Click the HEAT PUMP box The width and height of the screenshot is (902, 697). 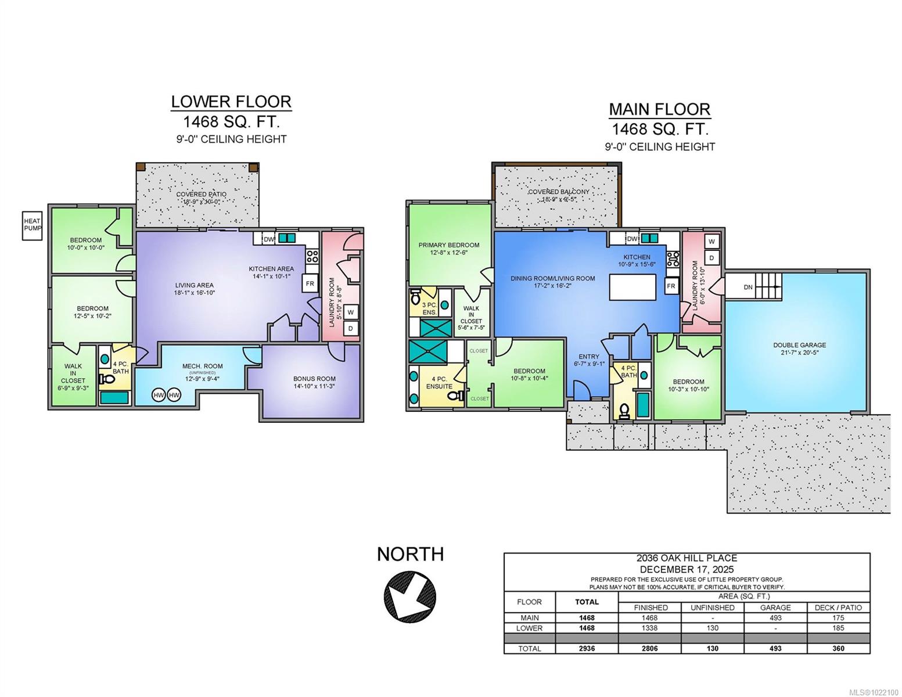pyautogui.click(x=32, y=225)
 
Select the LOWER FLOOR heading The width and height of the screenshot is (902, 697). pyautogui.click(x=231, y=102)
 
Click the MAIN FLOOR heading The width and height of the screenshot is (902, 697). pyautogui.click(x=659, y=109)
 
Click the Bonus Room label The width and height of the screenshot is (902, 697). pyautogui.click(x=314, y=379)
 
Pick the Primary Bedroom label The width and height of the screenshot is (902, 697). pyautogui.click(x=448, y=245)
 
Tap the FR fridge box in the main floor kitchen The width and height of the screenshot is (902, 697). pyautogui.click(x=671, y=286)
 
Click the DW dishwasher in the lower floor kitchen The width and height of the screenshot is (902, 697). pyautogui.click(x=269, y=239)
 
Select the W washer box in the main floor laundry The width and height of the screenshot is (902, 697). pyautogui.click(x=712, y=241)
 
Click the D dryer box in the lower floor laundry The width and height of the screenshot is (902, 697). pyautogui.click(x=350, y=329)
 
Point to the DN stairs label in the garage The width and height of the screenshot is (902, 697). pyautogui.click(x=748, y=287)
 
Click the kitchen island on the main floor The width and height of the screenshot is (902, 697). pyautogui.click(x=633, y=287)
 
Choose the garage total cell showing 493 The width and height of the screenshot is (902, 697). pyautogui.click(x=775, y=648)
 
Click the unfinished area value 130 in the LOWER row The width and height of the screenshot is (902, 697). pyautogui.click(x=712, y=628)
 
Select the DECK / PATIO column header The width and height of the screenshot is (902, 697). pyautogui.click(x=838, y=608)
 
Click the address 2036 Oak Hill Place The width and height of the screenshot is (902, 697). pyautogui.click(x=687, y=558)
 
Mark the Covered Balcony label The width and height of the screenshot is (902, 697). pyautogui.click(x=558, y=192)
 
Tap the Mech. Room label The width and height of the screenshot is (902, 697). pyautogui.click(x=202, y=366)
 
